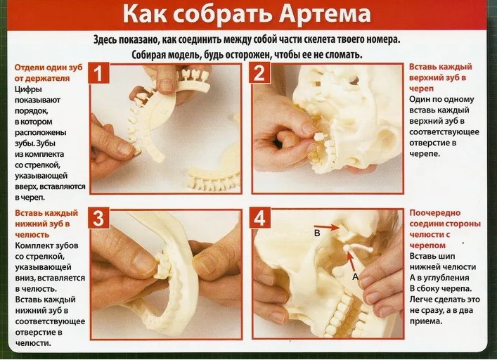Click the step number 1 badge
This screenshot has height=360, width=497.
pos(99,73)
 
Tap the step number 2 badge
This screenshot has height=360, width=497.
pos(260,73)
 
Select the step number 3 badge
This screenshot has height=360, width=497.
pos(99,218)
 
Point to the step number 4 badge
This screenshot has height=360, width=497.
pos(260,218)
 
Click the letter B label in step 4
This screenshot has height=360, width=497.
pos(317,233)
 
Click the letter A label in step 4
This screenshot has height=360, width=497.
pos(356,276)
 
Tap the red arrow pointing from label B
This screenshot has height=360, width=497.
pos(331,227)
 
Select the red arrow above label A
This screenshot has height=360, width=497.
pos(351,261)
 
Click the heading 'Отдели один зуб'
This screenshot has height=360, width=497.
pos(49,67)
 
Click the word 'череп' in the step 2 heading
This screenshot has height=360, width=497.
pos(421,88)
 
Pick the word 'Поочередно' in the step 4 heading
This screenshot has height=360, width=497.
pos(435,213)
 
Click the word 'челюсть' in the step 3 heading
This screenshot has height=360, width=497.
pos(32,235)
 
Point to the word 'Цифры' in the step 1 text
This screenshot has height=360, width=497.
pos(28,89)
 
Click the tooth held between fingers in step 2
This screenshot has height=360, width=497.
pos(318,137)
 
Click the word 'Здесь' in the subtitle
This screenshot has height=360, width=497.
pos(105,40)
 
